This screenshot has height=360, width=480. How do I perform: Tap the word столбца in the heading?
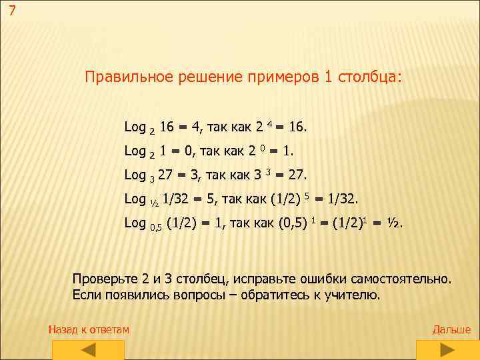[x=374, y=77]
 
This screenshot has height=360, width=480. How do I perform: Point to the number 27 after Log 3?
[x=166, y=175]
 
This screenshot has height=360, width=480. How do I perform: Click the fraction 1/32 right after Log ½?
[x=176, y=199]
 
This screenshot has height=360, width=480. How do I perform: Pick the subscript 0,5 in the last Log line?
[x=155, y=227]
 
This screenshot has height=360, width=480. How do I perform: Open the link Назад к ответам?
[x=89, y=329]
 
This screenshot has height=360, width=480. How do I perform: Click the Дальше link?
[x=451, y=329]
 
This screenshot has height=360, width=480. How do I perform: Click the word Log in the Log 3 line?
[x=135, y=175]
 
